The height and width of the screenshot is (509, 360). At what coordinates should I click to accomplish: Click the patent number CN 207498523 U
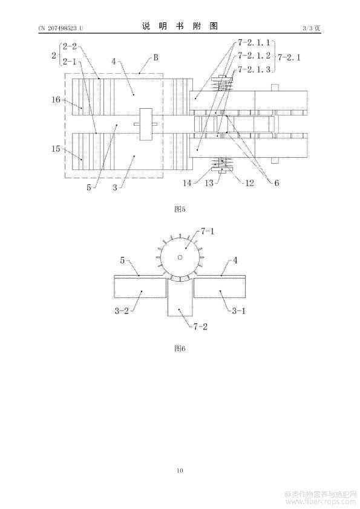click(61, 28)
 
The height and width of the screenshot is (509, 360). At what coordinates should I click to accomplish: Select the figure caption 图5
click(180, 209)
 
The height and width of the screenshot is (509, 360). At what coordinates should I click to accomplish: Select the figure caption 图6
click(180, 348)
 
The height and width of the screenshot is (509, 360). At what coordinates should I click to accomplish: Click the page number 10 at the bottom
click(180, 470)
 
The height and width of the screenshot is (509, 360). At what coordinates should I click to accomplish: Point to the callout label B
click(156, 58)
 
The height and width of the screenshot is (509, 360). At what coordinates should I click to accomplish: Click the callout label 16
click(56, 99)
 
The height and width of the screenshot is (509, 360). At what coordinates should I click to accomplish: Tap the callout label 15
click(56, 149)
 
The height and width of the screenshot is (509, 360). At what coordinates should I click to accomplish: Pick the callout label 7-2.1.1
click(254, 42)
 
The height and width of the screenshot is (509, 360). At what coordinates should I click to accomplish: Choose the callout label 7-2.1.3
click(254, 69)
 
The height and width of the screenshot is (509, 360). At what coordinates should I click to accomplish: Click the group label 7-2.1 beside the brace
click(289, 57)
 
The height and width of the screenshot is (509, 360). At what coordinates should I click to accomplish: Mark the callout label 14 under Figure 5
click(187, 183)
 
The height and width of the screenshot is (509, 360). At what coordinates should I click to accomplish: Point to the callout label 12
click(249, 183)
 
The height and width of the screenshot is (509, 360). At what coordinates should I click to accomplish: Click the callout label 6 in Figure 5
click(277, 183)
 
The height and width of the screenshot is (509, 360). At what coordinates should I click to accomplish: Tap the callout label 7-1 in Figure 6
click(208, 232)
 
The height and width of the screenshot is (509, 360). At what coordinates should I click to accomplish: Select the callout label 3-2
click(122, 311)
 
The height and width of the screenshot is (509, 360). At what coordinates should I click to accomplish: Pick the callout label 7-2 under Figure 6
click(200, 326)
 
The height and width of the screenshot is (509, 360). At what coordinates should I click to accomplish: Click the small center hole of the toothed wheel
click(180, 258)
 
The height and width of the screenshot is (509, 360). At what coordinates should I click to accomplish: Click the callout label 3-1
click(239, 311)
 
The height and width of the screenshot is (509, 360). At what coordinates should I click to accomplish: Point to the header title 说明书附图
click(180, 26)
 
